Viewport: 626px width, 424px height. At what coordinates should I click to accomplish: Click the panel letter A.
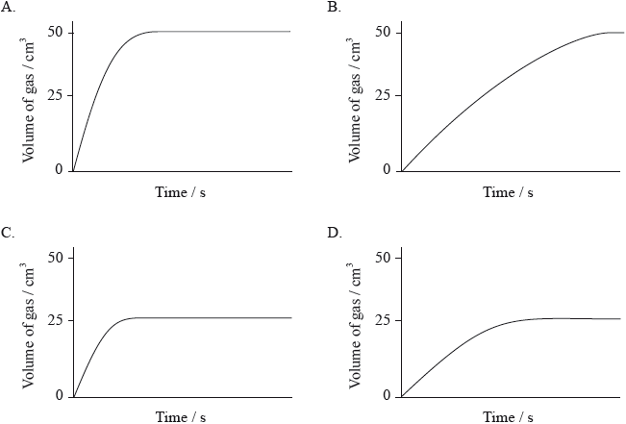pos(8,7)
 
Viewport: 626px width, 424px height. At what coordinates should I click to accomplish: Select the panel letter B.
pos(334,7)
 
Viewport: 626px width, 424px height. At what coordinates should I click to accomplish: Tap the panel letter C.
pos(8,232)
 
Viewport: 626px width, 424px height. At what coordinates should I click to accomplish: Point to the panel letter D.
pos(334,232)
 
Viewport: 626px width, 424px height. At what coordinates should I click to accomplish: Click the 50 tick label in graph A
pos(54,32)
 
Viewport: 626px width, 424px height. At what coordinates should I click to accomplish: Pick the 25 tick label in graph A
pos(54,96)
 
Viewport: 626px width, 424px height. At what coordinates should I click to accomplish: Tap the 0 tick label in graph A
pos(59,170)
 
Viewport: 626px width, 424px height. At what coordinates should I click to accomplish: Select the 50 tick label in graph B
pos(383,32)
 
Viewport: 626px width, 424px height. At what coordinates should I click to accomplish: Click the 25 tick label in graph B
pos(383,96)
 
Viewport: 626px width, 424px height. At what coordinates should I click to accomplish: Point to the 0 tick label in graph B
pos(388,170)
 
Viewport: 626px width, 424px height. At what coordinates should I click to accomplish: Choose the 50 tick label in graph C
pos(54,257)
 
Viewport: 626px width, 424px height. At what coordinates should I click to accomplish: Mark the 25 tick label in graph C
pos(54,320)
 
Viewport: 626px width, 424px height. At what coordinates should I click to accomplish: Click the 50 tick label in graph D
pos(383,257)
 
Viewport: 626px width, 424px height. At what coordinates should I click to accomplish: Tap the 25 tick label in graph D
pos(383,320)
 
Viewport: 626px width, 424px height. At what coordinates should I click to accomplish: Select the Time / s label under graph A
pos(181,192)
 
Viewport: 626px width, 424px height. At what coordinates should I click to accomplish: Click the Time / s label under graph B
pos(509,192)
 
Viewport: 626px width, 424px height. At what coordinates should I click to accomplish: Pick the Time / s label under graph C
pos(181,416)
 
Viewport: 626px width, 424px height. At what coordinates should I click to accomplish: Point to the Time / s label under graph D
pos(509,416)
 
